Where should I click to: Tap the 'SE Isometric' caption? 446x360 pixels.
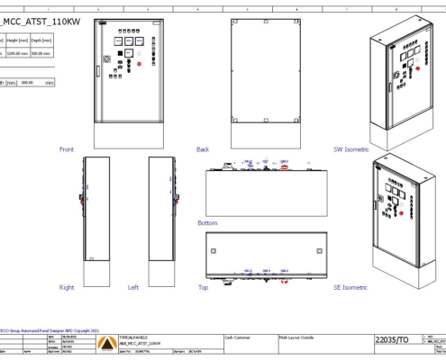[350, 287]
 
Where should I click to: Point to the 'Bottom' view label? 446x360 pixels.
[207, 222]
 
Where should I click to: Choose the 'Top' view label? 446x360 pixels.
[202, 287]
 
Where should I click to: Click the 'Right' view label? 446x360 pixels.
[67, 287]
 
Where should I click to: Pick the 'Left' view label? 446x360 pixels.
[133, 287]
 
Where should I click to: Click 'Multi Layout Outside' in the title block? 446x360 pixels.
[297, 334]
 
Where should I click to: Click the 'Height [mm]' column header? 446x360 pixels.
[16, 40]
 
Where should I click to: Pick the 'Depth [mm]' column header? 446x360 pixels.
[41, 40]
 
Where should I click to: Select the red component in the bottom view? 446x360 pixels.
[285, 166]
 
